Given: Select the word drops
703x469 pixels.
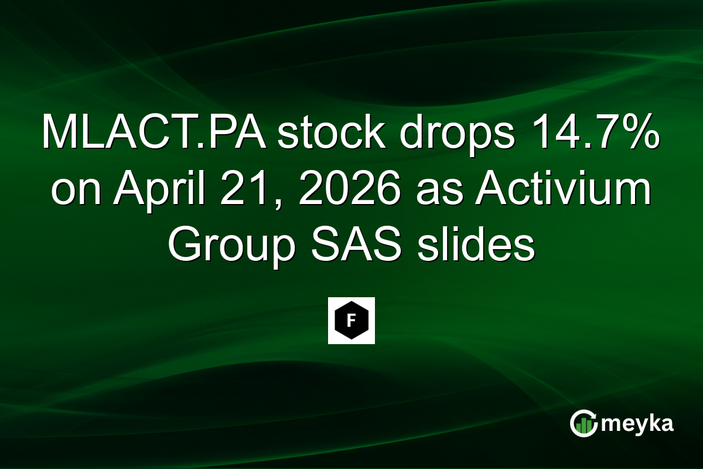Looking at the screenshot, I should tap(446, 134).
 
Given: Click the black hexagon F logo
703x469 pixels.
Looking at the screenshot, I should tap(351, 321).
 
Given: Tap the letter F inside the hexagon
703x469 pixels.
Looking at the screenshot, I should tap(351, 321).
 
